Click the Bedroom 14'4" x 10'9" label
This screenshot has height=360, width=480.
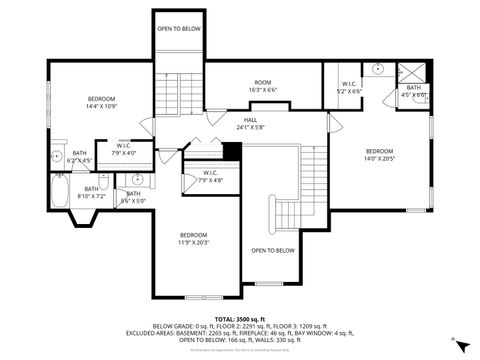pyautogui.click(x=101, y=102)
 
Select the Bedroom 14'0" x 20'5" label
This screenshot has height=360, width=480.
pyautogui.click(x=379, y=153)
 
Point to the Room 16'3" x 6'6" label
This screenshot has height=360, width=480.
pyautogui.click(x=263, y=85)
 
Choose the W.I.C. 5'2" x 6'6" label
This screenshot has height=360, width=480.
pyautogui.click(x=349, y=87)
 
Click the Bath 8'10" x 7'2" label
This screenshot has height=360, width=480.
pyautogui.click(x=91, y=192)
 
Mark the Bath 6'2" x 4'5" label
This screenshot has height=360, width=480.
pyautogui.click(x=79, y=157)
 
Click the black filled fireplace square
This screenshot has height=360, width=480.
pyautogui.click(x=232, y=151)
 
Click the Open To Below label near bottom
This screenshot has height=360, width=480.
pyautogui.click(x=272, y=250)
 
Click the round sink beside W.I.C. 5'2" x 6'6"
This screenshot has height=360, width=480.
pyautogui.click(x=377, y=69)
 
